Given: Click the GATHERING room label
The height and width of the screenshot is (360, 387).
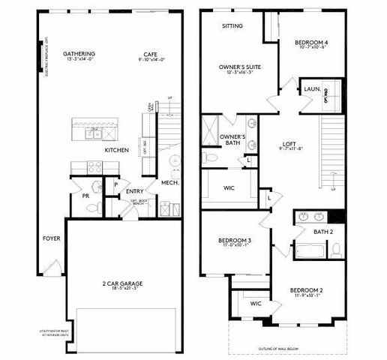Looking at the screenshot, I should click(x=79, y=54).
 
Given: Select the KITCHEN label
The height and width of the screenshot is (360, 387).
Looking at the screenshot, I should click(x=117, y=150).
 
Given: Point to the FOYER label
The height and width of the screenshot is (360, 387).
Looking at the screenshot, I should click(x=52, y=238).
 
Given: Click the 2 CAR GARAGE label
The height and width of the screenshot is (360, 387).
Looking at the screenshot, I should click(x=122, y=283).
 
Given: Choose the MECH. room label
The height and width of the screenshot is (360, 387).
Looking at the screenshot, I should click(x=169, y=183).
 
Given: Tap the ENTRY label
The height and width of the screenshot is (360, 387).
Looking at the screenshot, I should click(x=135, y=191).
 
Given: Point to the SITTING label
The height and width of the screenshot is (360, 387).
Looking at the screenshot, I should click(x=232, y=25).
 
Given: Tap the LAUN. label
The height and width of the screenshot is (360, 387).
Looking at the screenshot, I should click(x=310, y=88).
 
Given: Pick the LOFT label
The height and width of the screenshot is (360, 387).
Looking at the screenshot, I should click(x=289, y=144).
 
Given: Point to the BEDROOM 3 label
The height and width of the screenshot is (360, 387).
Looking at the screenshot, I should click(x=234, y=241).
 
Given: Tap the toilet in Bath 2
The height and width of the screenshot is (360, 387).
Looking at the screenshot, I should click(x=335, y=249).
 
